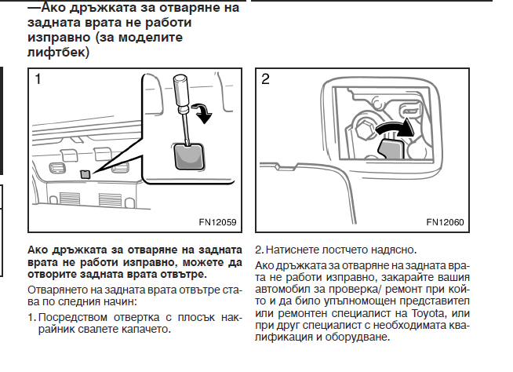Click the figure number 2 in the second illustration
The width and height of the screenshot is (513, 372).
point(267,79)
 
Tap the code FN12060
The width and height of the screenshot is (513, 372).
point(445,222)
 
